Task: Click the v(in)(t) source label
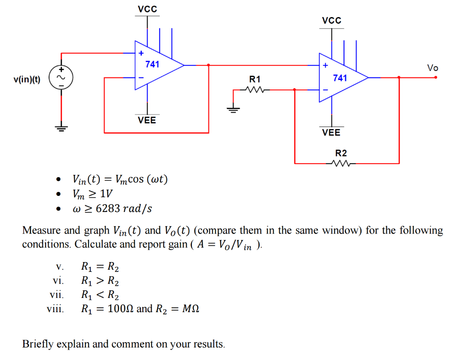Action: [27, 80]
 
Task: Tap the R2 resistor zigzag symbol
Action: [344, 163]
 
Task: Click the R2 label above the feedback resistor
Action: [341, 154]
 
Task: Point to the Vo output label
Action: [433, 68]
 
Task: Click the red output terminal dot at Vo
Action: [436, 77]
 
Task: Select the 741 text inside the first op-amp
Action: [152, 64]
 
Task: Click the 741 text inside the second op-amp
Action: [340, 78]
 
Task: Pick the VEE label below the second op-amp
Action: [331, 132]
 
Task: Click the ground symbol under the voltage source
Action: [61, 128]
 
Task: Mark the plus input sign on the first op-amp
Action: [141, 53]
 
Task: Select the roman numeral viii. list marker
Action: [56, 309]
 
